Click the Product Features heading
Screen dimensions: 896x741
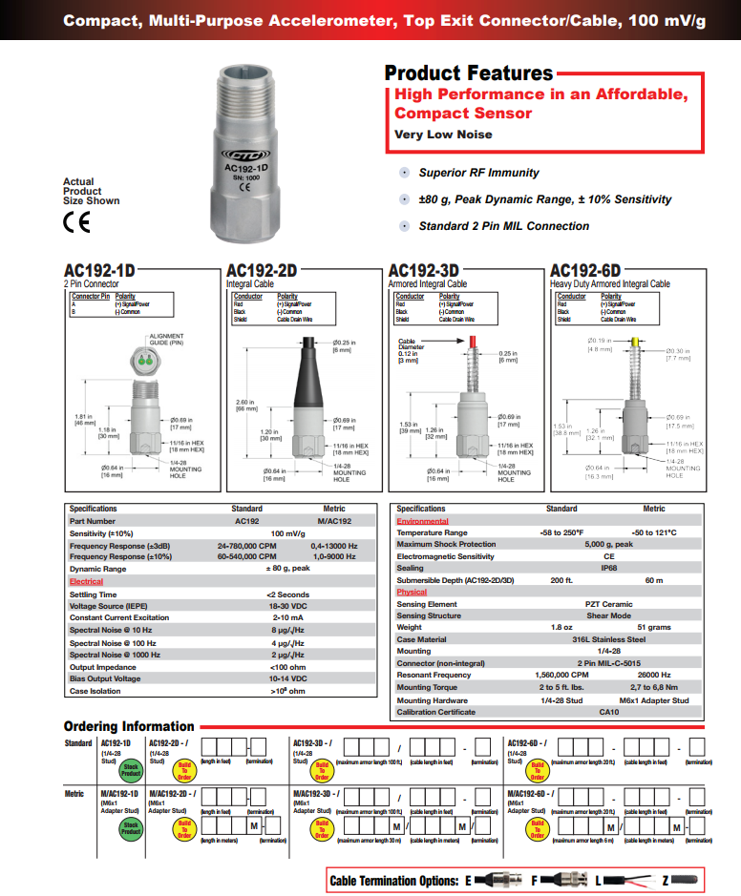[x=468, y=73]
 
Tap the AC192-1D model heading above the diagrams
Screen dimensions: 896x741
[x=99, y=271]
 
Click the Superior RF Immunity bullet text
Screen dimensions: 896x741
[x=478, y=173]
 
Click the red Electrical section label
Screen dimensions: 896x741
[x=86, y=581]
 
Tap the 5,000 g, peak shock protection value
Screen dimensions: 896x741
[x=608, y=544]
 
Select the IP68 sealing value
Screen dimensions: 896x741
[x=608, y=568]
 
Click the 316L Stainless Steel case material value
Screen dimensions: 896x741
[x=608, y=639]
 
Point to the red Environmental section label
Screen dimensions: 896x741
[x=422, y=521]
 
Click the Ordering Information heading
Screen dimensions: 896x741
[x=129, y=726]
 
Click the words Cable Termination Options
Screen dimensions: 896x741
[x=394, y=881]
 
